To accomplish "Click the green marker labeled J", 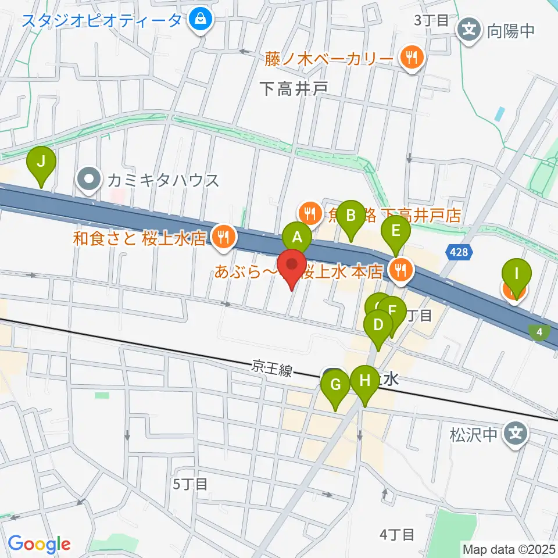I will click(41, 162).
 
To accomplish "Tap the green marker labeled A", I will click(297, 237).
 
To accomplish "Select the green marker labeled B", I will click(350, 216).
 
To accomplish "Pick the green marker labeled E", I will click(395, 231).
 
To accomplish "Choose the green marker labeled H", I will click(365, 382).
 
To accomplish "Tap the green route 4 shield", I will click(540, 332).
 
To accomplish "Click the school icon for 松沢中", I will click(516, 433).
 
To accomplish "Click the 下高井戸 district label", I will click(294, 88).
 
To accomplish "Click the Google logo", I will click(39, 545).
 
